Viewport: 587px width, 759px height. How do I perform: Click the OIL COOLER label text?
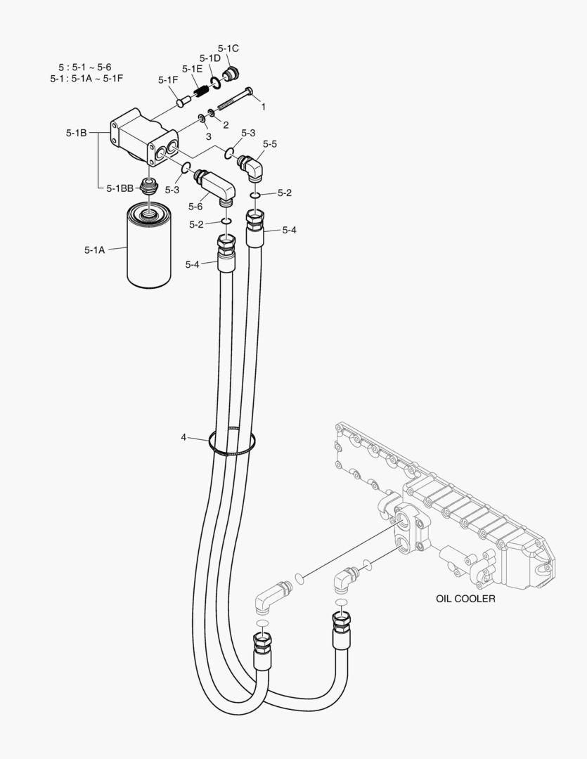coord(465,599)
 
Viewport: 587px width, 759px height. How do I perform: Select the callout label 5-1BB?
coord(120,188)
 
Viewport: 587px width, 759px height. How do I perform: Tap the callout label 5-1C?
coord(228,48)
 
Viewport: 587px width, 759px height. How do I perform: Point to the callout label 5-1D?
coord(210,58)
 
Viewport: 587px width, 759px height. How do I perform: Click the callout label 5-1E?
coord(192,69)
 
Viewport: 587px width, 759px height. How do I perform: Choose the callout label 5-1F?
coord(168,80)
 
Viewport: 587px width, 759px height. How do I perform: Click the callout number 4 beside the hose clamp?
coord(183,437)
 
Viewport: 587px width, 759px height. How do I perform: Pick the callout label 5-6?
coord(195,207)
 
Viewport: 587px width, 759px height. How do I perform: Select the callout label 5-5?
coord(270,144)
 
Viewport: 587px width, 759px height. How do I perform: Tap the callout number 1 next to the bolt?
coord(264,107)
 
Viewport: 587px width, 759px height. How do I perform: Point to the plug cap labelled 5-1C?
coord(231,74)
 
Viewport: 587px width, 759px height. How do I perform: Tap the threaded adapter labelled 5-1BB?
coord(148,186)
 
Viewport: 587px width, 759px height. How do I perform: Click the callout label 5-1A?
coord(94,249)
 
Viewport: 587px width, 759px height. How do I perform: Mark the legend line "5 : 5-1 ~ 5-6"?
coord(84,67)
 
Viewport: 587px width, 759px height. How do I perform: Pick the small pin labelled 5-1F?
coord(183,103)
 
